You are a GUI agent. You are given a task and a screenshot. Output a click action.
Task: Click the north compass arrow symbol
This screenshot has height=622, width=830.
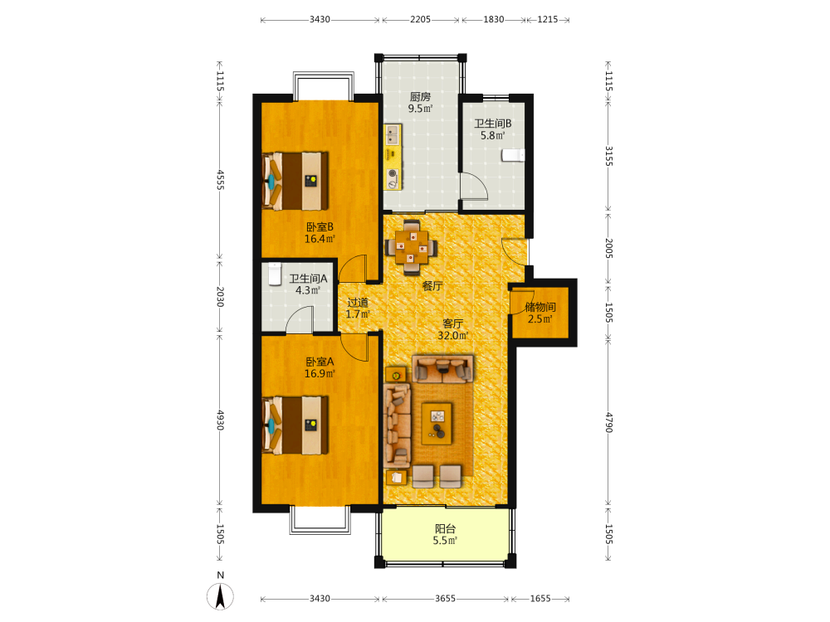[x=220, y=596]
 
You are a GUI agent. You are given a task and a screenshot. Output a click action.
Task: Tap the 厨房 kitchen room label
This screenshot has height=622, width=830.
[x=420, y=97]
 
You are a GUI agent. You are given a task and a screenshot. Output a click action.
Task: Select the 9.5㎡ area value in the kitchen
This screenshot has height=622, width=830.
[x=420, y=109]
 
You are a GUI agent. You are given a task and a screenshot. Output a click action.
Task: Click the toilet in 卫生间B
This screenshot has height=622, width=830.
[x=513, y=155]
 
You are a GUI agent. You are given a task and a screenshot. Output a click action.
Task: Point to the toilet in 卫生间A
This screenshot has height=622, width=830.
[x=274, y=274]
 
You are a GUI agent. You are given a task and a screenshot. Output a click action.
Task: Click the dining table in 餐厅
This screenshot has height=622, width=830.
[x=412, y=247]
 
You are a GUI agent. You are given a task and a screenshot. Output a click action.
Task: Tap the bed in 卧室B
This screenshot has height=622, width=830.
[x=295, y=181]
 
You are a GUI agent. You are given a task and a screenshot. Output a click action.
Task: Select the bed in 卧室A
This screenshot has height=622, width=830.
[x=295, y=425]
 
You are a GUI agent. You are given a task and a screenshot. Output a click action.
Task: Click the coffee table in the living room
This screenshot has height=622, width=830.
[x=437, y=423]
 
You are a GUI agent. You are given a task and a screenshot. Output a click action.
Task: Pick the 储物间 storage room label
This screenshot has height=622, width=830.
[x=540, y=308]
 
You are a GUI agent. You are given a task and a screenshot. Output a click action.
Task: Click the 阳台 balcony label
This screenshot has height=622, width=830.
[x=445, y=528]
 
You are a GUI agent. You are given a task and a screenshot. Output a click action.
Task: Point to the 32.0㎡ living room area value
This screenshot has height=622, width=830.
[x=453, y=335]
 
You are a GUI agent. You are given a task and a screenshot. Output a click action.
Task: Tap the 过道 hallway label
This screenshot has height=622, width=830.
[x=358, y=303]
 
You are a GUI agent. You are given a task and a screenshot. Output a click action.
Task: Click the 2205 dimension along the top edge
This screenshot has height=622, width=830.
[x=420, y=20]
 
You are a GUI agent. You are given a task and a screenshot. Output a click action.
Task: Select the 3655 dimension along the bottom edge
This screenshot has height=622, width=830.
[x=445, y=599]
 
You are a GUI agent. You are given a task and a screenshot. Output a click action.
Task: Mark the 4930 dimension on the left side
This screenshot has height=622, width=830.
[x=220, y=420]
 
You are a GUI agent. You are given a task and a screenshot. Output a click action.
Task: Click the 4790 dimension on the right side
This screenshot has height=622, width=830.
[x=608, y=423]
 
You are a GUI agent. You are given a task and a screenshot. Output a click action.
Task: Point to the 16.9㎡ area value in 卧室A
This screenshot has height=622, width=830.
[x=320, y=374]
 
